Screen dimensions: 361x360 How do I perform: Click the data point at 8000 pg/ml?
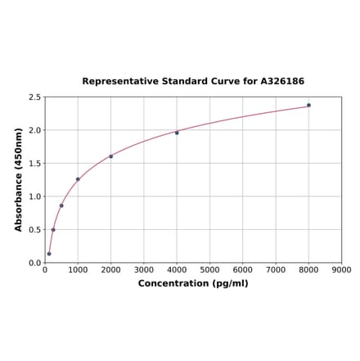(x=308, y=105)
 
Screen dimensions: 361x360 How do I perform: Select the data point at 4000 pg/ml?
(x=177, y=133)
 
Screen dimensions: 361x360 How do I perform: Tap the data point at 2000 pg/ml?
(x=111, y=156)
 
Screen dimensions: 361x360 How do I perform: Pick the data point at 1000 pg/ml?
(x=78, y=179)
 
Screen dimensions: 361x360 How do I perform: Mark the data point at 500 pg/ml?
(x=61, y=205)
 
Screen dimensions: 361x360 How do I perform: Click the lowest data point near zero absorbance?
(x=49, y=254)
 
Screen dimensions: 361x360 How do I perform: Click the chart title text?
(x=193, y=82)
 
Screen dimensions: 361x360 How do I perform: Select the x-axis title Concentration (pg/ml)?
(x=193, y=283)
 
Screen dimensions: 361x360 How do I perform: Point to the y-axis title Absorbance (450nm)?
(x=19, y=179)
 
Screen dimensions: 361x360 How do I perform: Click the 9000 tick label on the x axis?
(x=341, y=269)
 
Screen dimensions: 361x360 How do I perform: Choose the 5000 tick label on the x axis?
(x=209, y=269)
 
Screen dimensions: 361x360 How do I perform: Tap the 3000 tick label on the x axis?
(x=144, y=269)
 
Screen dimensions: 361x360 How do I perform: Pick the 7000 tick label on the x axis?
(x=276, y=269)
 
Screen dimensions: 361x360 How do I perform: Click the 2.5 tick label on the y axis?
(x=35, y=97)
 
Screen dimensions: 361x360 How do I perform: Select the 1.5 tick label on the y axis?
(x=35, y=164)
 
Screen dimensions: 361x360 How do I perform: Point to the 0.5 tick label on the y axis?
(x=35, y=230)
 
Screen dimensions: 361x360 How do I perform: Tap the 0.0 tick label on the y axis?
(x=35, y=263)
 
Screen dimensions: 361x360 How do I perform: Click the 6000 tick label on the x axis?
(x=243, y=269)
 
